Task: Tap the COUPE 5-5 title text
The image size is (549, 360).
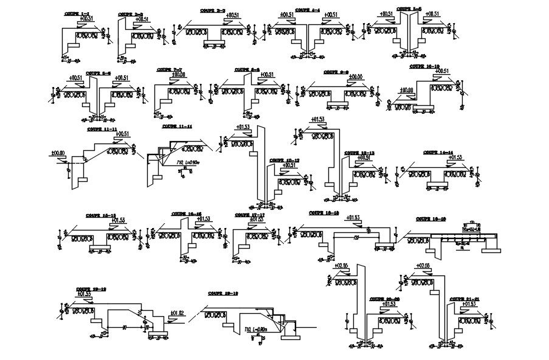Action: (x=409, y=9)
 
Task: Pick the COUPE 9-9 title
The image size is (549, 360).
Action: (x=336, y=71)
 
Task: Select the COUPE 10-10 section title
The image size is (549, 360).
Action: (x=424, y=66)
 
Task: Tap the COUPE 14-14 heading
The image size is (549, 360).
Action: (x=438, y=152)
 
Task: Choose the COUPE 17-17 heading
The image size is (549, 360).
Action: (x=249, y=215)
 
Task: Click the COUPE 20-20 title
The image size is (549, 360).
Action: (x=384, y=299)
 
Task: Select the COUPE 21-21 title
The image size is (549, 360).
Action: (x=464, y=299)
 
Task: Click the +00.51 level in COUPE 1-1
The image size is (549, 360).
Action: (x=86, y=19)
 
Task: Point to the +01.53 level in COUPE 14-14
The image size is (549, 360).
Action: (x=456, y=157)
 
